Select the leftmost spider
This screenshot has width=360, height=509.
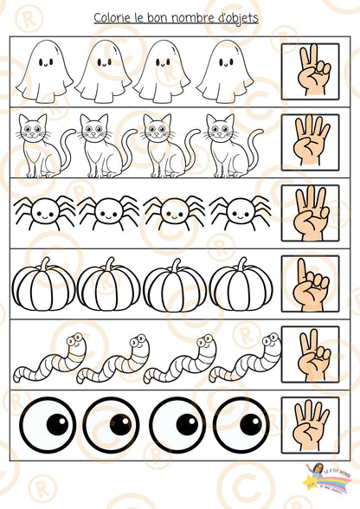pyautogui.click(x=42, y=210)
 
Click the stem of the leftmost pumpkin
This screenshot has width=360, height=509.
pyautogui.click(x=44, y=263)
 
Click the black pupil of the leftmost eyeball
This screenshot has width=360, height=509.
pyautogui.click(x=56, y=425)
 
